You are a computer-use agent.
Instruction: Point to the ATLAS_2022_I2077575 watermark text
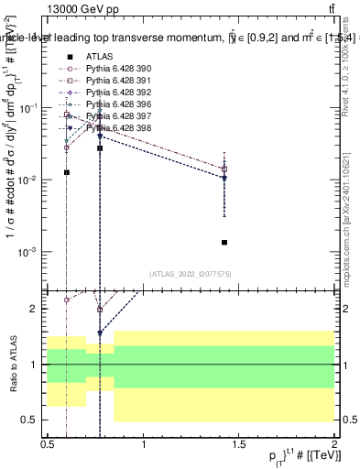[190, 274]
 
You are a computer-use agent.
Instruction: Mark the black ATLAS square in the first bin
[67, 172]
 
